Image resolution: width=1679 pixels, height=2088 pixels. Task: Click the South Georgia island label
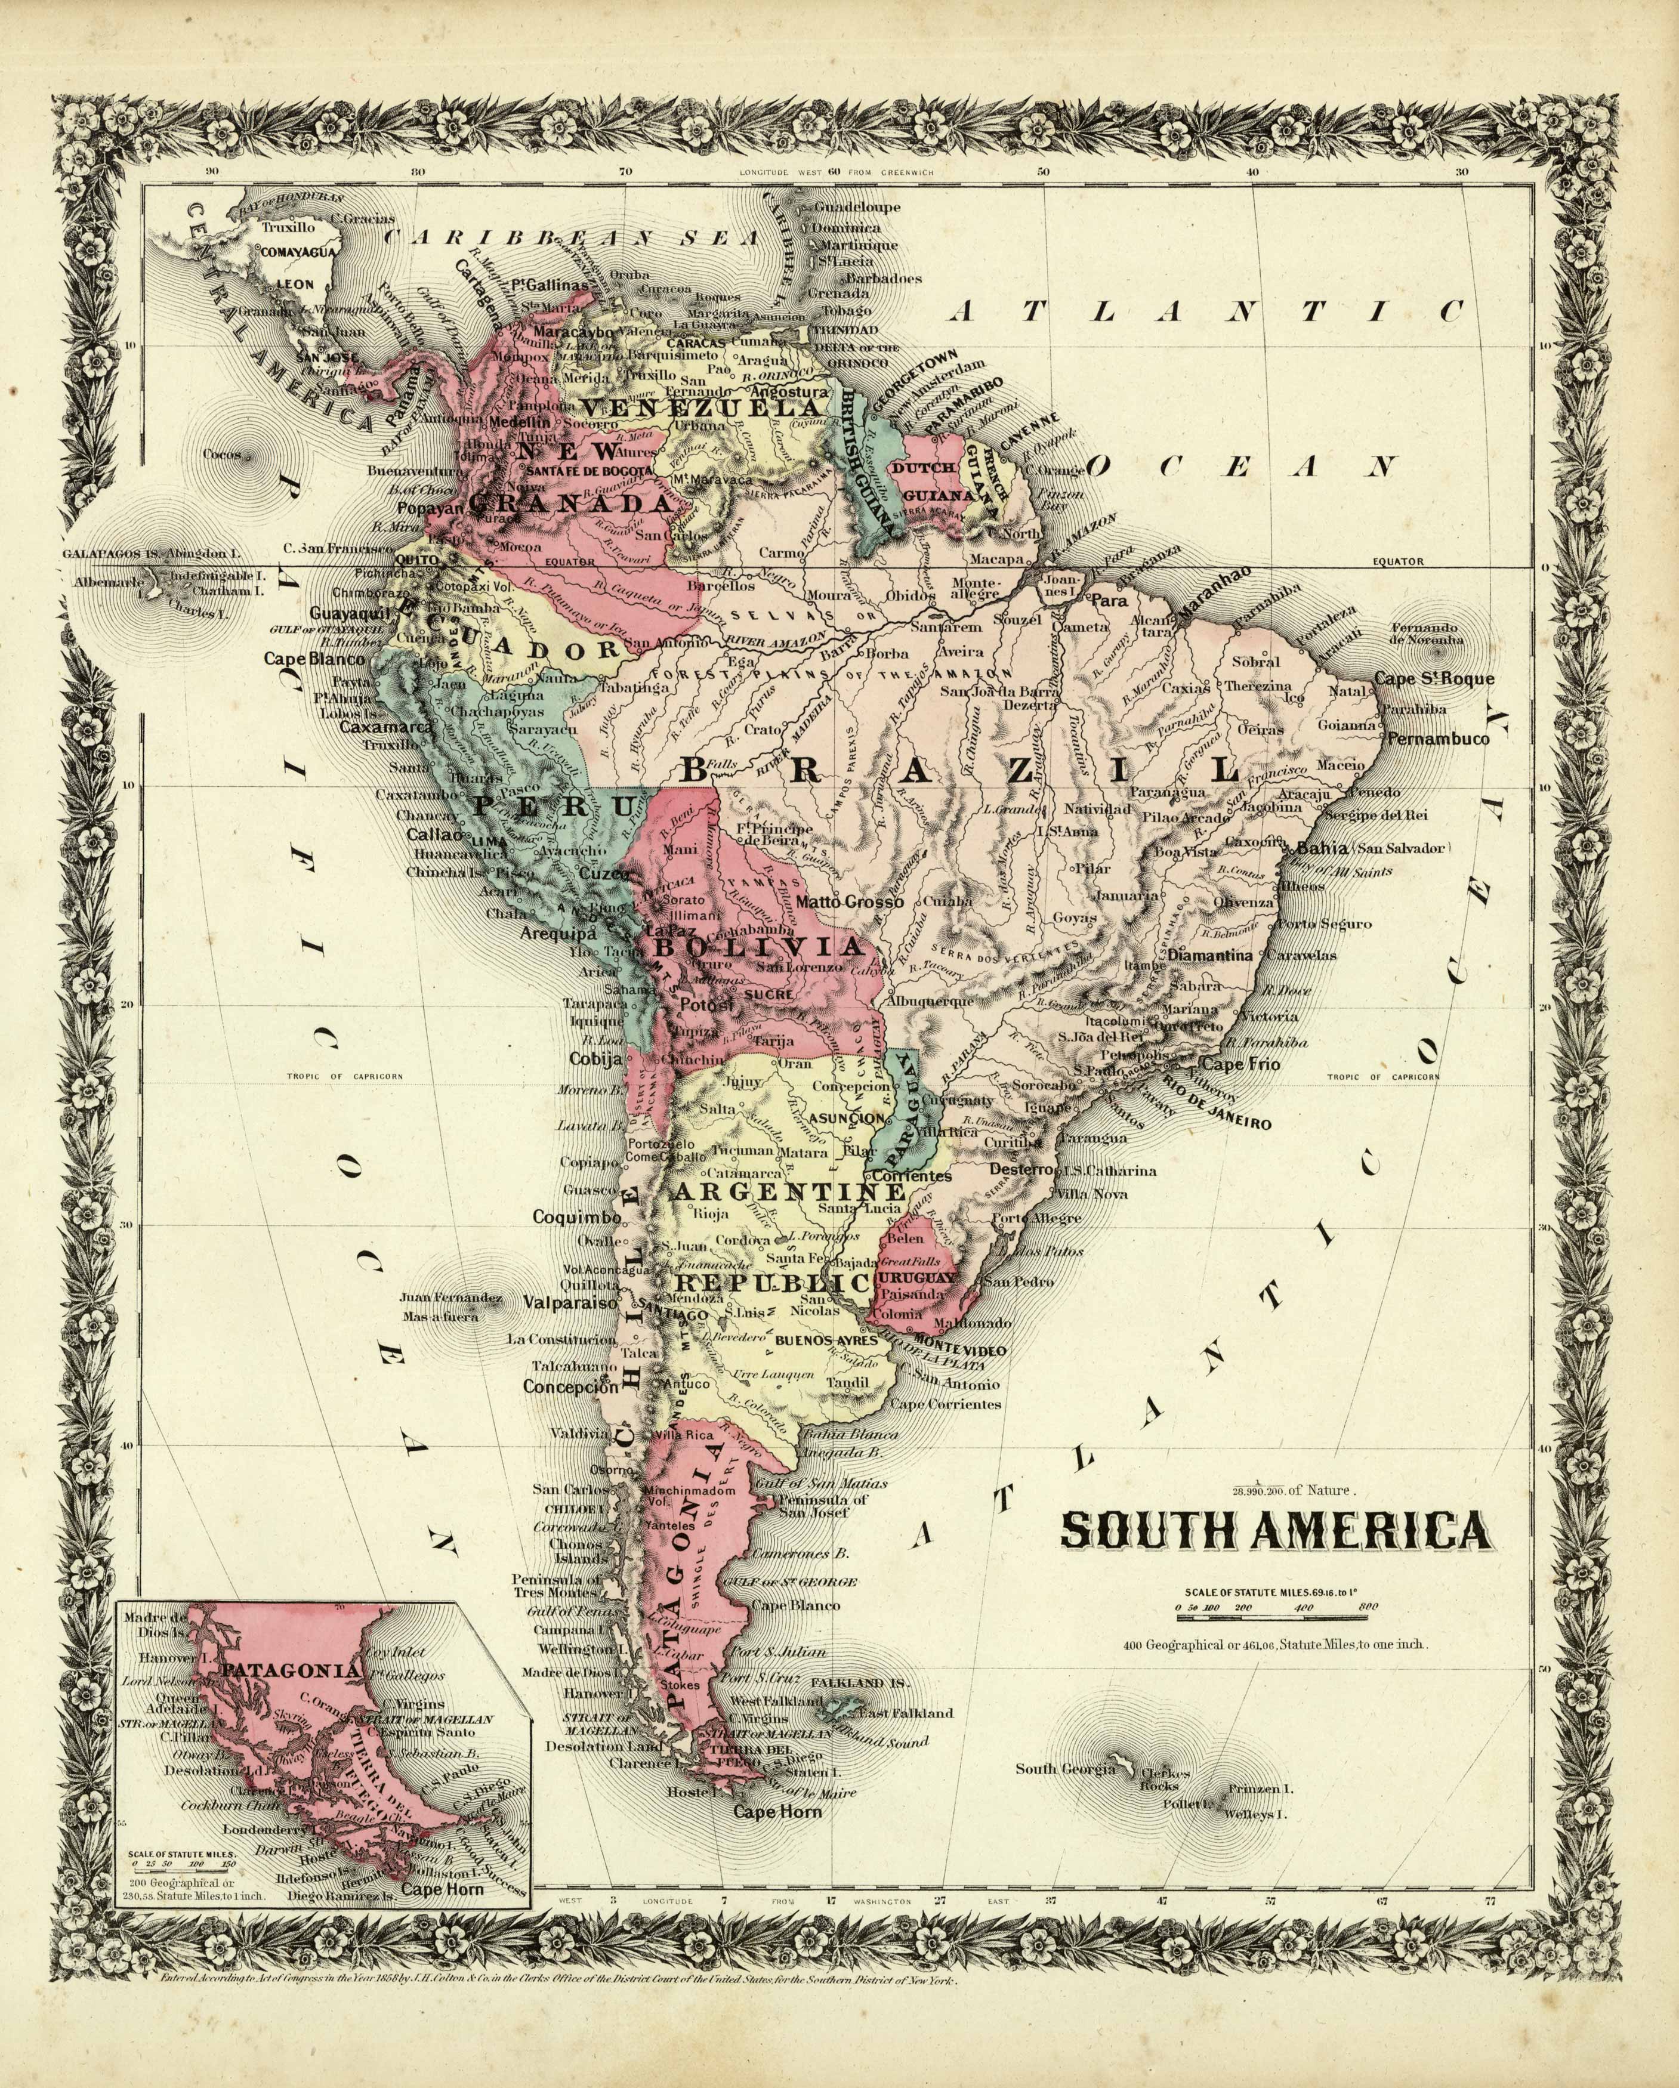[x=1065, y=1768]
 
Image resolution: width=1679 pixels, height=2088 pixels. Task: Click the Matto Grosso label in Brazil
[x=850, y=901]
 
